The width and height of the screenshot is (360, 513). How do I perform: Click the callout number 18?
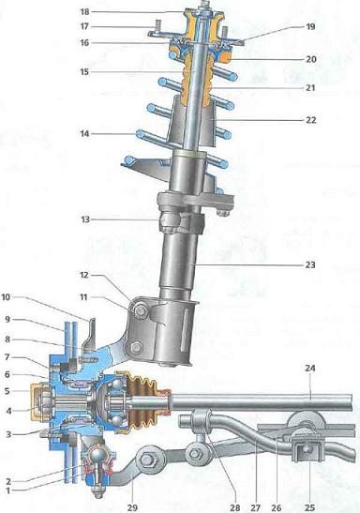(84, 12)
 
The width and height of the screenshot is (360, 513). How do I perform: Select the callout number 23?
(310, 264)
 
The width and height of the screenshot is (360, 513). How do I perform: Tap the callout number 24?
(310, 368)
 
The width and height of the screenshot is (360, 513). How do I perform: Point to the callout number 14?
(84, 133)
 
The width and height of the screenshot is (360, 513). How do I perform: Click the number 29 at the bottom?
(132, 507)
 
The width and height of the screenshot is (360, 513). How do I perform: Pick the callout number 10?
(6, 297)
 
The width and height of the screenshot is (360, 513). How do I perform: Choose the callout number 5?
(7, 391)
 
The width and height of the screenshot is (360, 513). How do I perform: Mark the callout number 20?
(311, 59)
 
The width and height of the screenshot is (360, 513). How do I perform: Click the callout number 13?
(85, 219)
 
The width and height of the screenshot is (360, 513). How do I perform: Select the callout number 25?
(309, 507)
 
